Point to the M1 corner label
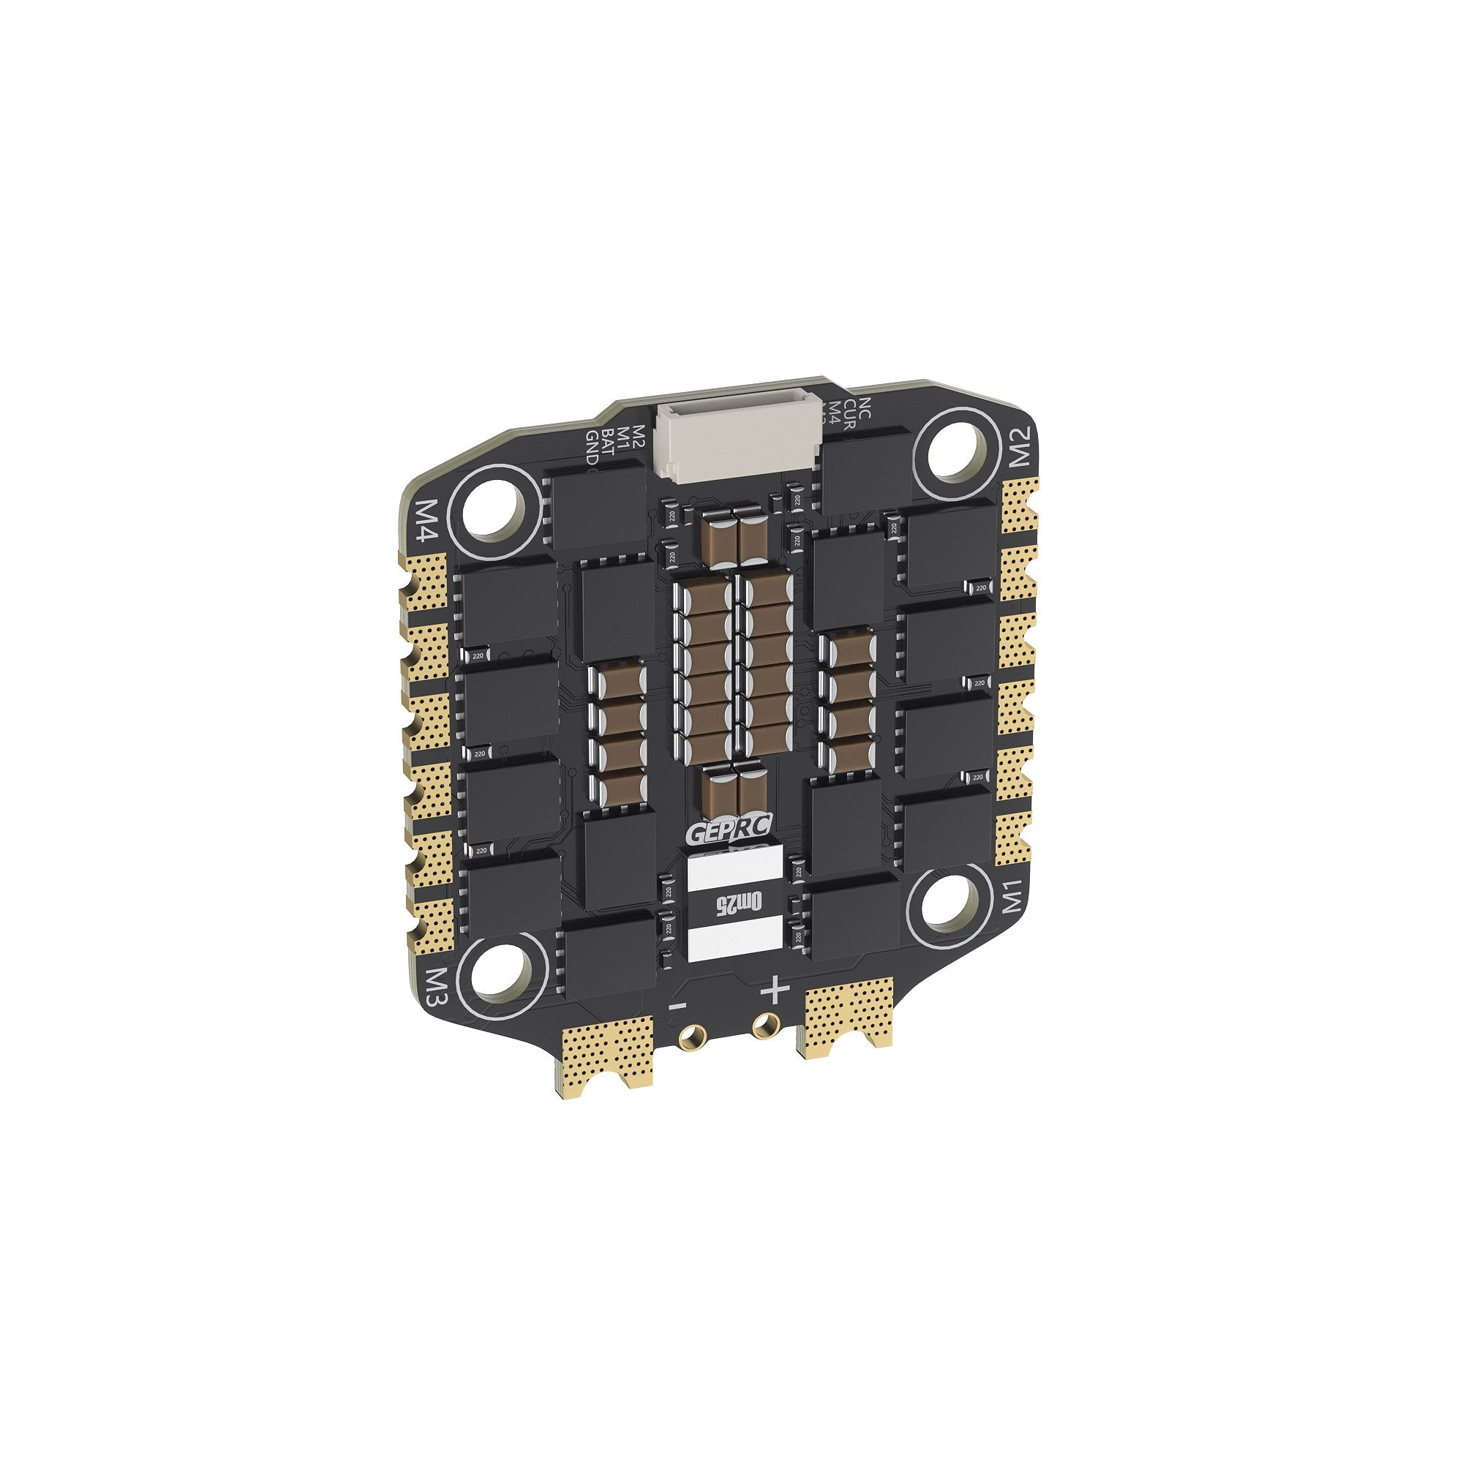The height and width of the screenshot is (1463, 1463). [x=1015, y=898]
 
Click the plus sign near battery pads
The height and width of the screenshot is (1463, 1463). [x=773, y=989]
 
